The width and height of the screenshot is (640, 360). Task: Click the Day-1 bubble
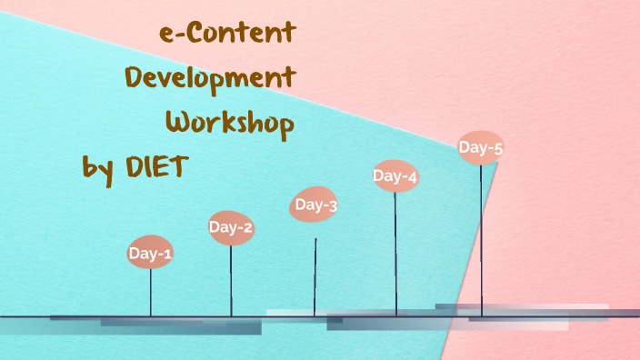pyautogui.click(x=150, y=254)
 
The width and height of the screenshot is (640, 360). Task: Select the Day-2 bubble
pyautogui.click(x=231, y=227)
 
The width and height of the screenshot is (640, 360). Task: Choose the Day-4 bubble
pyautogui.click(x=395, y=176)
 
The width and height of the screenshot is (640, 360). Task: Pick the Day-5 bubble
pyautogui.click(x=480, y=146)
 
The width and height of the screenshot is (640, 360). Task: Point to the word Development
pyautogui.click(x=210, y=79)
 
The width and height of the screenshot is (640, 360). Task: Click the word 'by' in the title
pyautogui.click(x=95, y=168)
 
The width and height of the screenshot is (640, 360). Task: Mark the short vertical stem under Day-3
pyautogui.click(x=315, y=276)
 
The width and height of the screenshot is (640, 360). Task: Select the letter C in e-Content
pyautogui.click(x=191, y=34)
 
